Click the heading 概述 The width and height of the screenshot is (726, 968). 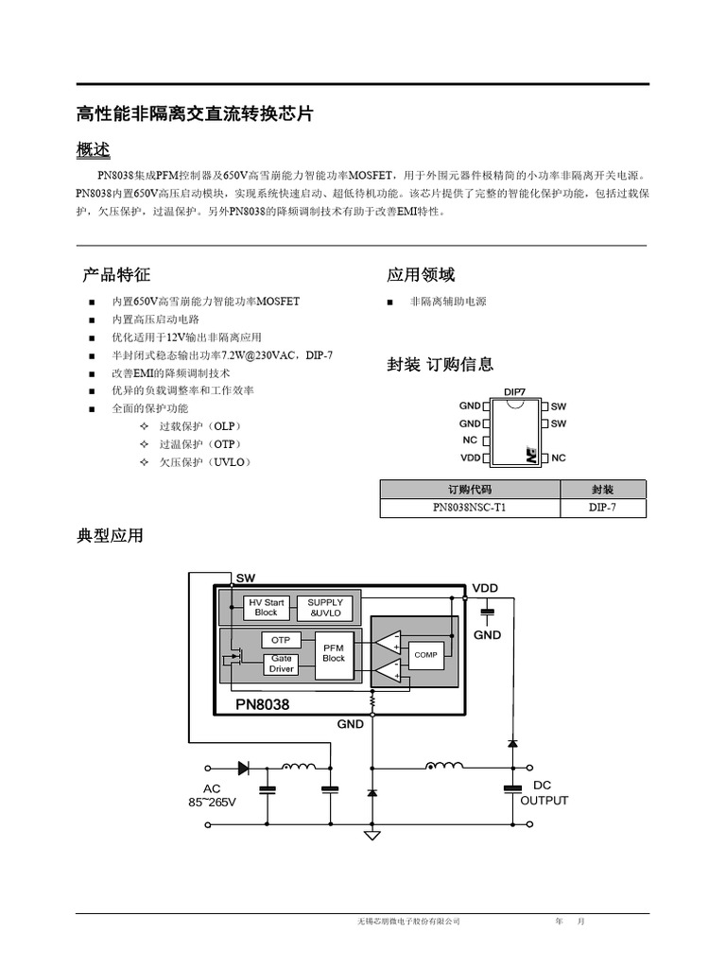click(93, 149)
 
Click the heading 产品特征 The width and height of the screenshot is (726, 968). click(116, 275)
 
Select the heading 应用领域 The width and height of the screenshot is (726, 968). click(421, 275)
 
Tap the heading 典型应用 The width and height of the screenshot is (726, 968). click(110, 536)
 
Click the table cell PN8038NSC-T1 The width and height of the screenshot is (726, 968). click(470, 508)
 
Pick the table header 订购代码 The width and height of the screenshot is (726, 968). click(470, 490)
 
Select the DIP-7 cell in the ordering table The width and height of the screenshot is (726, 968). click(603, 508)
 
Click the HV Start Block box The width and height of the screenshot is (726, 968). click(267, 607)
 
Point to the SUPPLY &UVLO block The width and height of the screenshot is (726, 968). click(325, 607)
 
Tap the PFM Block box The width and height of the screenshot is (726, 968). click(334, 652)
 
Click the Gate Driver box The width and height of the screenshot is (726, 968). click(282, 664)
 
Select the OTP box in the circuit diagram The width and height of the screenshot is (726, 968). click(281, 640)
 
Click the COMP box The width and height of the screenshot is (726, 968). click(425, 654)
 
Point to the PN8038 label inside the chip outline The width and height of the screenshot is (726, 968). click(262, 704)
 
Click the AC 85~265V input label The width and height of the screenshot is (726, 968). click(212, 795)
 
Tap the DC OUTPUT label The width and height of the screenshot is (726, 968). click(544, 793)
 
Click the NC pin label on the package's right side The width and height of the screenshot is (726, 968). click(558, 458)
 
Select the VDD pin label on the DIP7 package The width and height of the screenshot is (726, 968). click(471, 458)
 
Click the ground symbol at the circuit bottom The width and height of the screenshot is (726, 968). click(372, 835)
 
